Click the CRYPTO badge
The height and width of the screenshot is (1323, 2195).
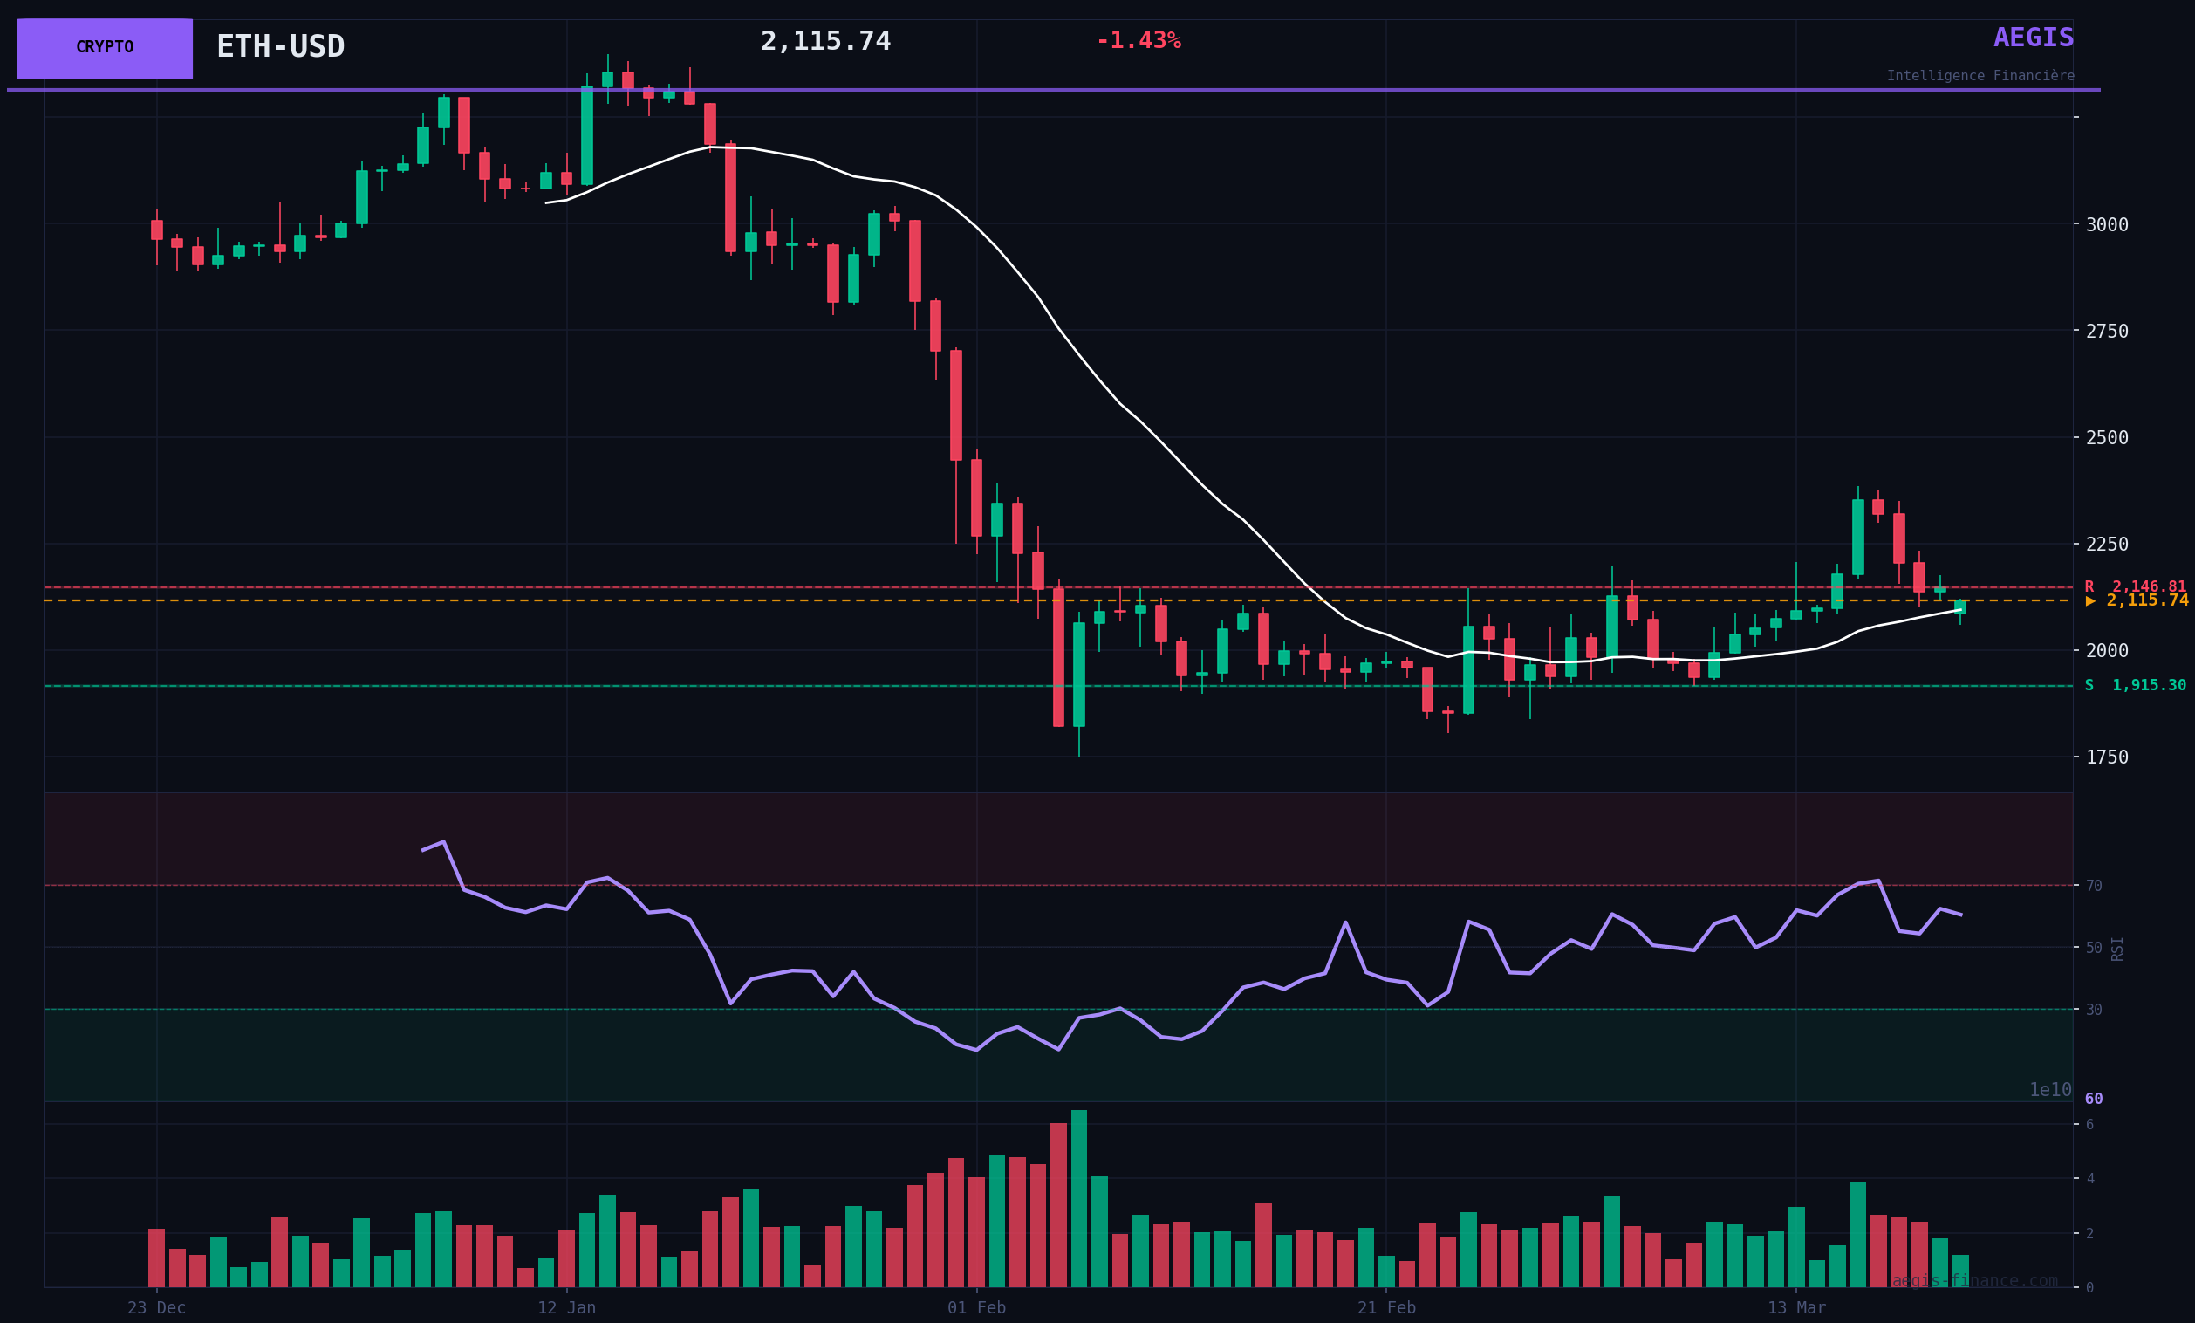pos(104,48)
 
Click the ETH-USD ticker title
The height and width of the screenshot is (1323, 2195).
pos(281,46)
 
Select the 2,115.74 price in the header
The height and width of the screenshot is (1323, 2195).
pos(825,42)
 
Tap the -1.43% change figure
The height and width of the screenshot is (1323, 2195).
pos(1138,41)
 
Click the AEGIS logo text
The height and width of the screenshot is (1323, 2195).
pos(2033,38)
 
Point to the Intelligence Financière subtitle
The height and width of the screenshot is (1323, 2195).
pos(1980,77)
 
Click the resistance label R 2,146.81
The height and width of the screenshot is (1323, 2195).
pos(2135,587)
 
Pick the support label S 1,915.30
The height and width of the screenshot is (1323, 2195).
pos(2135,686)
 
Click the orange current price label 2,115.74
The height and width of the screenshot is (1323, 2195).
pos(2137,601)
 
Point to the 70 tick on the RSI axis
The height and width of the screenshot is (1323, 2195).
pos(2094,886)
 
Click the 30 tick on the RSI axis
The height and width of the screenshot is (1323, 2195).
pos(2094,1010)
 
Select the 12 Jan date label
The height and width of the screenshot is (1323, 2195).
pos(566,1308)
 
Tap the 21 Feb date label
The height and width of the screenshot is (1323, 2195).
pos(1386,1308)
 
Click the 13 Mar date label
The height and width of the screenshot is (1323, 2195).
pos(1796,1308)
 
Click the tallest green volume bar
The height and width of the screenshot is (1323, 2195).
pos(1079,1198)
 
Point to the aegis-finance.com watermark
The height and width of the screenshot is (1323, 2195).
pos(1974,1281)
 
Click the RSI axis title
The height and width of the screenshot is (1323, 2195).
pos(2117,949)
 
